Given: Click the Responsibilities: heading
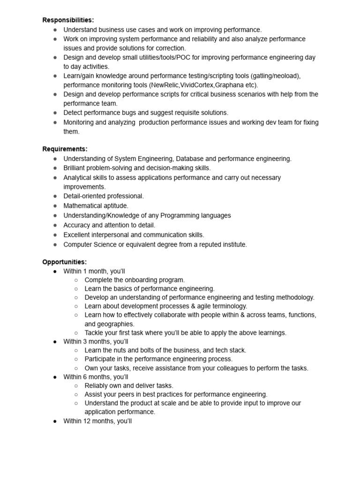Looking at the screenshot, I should pyautogui.click(x=68, y=20).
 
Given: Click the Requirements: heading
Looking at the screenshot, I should pyautogui.click(x=65, y=149).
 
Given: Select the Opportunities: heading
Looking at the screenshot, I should pyautogui.click(x=64, y=262).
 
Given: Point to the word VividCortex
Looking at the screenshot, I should pyautogui.click(x=197, y=85).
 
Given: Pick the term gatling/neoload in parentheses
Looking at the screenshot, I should pyautogui.click(x=275, y=76).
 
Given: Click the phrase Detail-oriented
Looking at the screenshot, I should pyautogui.click(x=86, y=196).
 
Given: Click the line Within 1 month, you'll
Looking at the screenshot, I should pyautogui.click(x=94, y=271).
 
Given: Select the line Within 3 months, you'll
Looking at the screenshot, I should pyautogui.click(x=96, y=341).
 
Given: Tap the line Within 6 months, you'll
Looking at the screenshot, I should pyautogui.click(x=96, y=377).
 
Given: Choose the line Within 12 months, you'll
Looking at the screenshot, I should pyautogui.click(x=97, y=421).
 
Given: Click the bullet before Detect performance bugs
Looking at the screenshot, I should pyautogui.click(x=54, y=113).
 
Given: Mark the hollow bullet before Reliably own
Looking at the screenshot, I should pyautogui.click(x=76, y=386).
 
